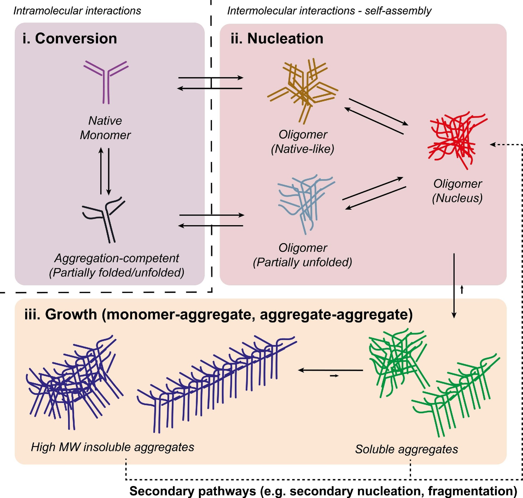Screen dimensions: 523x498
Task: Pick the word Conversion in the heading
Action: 76,38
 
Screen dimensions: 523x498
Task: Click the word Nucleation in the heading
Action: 285,38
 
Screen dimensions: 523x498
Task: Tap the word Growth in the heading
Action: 71,315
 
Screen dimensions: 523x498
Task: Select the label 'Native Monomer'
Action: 105,128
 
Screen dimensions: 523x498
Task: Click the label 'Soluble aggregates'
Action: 406,449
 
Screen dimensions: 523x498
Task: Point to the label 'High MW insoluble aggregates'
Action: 112,447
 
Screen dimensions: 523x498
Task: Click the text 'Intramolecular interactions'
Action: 77,11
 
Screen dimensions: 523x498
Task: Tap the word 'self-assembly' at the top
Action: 398,11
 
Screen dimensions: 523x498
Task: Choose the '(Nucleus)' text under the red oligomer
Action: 457,198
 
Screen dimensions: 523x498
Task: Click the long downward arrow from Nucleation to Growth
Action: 454,286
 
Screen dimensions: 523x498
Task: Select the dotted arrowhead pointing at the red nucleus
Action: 492,145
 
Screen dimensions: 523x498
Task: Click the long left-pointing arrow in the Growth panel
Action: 330,370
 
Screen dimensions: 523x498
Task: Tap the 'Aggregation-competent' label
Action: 117,258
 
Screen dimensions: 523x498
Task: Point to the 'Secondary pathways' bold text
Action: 193,491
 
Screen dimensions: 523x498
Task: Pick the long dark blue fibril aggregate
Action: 217,384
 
